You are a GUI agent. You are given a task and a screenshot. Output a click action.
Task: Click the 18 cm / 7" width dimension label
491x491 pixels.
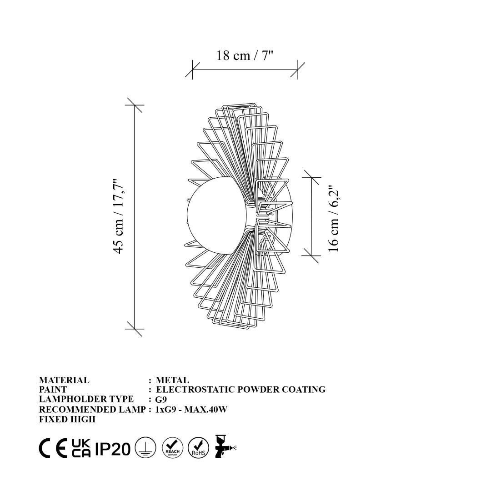(x=245, y=56)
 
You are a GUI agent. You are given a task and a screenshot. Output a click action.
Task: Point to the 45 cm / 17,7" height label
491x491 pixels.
(x=119, y=216)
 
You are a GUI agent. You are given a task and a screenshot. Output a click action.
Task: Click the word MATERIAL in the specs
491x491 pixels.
(x=64, y=380)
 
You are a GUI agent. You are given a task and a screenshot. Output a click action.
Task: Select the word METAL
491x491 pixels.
(x=172, y=380)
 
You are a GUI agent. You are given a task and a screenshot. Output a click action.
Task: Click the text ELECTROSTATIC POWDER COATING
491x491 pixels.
(x=241, y=390)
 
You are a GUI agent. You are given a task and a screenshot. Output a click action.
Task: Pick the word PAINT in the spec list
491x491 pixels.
(x=53, y=390)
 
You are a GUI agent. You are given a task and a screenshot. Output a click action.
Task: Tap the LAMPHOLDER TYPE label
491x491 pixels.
(x=86, y=399)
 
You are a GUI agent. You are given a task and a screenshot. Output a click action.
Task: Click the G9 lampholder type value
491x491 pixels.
(x=161, y=400)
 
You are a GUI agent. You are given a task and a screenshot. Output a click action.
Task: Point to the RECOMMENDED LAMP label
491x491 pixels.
(x=92, y=409)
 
